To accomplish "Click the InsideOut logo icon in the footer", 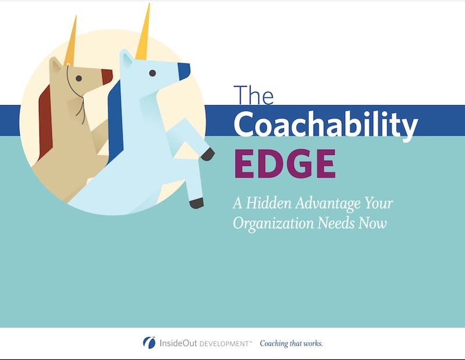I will [149, 343].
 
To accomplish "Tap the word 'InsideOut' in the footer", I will [178, 343].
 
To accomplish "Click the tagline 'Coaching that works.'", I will [291, 343].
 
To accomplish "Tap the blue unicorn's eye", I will [152, 73].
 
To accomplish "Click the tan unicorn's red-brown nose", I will [107, 76].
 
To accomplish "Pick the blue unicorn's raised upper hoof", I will [207, 154].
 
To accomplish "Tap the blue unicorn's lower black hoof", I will [196, 203].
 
